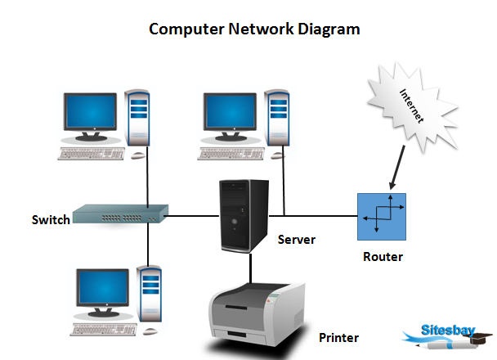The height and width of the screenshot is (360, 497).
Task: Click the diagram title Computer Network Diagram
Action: (254, 29)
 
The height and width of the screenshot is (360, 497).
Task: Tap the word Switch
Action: (50, 219)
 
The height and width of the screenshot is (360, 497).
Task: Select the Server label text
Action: (296, 240)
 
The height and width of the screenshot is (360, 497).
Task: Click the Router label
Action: (383, 257)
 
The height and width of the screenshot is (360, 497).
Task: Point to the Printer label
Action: (338, 337)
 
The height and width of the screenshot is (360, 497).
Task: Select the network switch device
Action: (119, 214)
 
